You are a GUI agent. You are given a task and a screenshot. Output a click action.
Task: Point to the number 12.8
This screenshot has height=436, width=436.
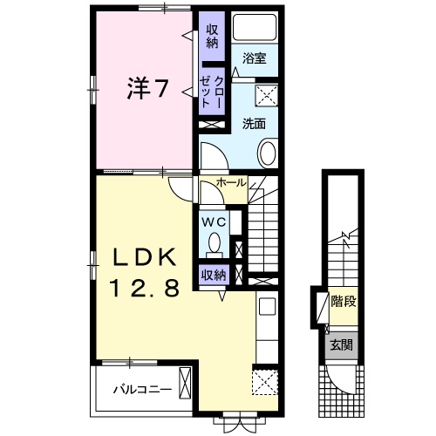coord(144,288)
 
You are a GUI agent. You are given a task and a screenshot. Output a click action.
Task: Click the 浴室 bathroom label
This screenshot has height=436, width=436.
coord(254,59)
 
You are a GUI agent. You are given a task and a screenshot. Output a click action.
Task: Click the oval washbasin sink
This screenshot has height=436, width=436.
coord(267,156)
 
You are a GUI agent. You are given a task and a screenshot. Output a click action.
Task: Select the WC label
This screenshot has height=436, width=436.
coord(214,222)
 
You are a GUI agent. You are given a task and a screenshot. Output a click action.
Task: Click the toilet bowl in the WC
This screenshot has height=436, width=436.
coord(214,248)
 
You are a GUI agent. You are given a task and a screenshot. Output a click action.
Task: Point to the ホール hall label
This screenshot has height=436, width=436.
coord(231,184)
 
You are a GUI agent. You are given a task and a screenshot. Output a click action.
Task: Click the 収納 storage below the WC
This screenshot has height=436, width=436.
coord(214,276)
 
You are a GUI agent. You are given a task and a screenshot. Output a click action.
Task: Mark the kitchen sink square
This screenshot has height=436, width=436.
coord(267,309)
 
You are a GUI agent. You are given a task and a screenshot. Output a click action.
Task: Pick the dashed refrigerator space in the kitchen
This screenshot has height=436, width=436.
coord(263,382)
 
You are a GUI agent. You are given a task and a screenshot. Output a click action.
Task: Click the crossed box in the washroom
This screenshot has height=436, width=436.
coord(266,94)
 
